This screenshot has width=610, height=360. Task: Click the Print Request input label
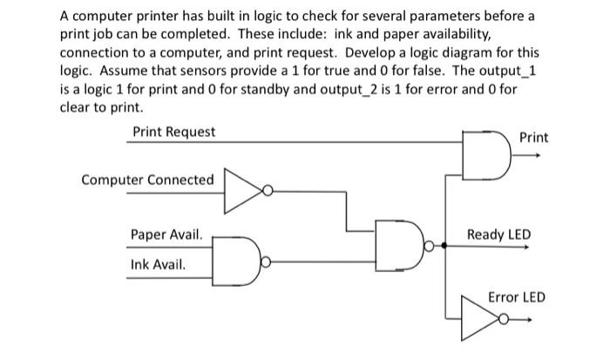tap(174, 132)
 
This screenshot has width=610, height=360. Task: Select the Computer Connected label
tap(147, 180)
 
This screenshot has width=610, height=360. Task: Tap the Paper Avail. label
tap(166, 234)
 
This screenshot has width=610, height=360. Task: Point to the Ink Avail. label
tap(158, 262)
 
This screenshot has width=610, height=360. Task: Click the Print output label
tap(533, 138)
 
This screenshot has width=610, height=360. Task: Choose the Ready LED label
tap(498, 234)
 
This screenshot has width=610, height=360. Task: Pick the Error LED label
tap(516, 297)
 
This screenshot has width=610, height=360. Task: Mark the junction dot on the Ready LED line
tap(446, 247)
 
